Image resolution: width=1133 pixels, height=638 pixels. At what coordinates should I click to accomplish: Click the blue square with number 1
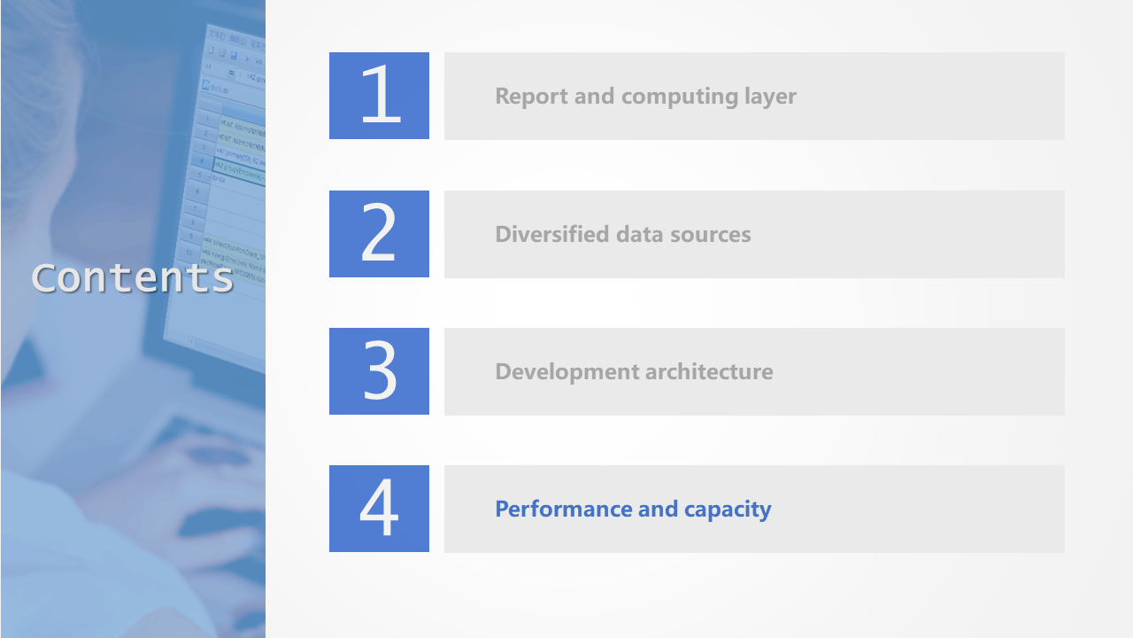tap(379, 95)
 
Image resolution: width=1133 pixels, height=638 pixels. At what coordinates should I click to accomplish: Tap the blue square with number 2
tap(379, 233)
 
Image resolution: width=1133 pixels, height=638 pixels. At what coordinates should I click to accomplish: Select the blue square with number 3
tap(379, 371)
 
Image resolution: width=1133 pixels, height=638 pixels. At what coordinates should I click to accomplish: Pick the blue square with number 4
tap(379, 509)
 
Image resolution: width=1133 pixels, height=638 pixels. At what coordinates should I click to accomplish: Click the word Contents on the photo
tap(133, 277)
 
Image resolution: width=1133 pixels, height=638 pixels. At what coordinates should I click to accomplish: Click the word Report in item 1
tap(531, 97)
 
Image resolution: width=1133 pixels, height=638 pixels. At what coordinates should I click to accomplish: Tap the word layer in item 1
tap(770, 97)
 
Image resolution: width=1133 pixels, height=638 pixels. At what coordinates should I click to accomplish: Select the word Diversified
tap(551, 234)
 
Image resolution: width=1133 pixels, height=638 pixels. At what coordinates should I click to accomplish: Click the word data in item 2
tap(639, 234)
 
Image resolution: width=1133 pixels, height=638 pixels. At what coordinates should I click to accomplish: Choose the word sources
tap(711, 235)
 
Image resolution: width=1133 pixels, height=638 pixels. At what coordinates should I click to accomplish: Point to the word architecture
tap(710, 371)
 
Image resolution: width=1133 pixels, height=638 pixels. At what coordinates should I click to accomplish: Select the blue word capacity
tap(728, 510)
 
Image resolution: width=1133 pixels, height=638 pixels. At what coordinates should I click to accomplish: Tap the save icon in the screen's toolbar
tap(234, 55)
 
